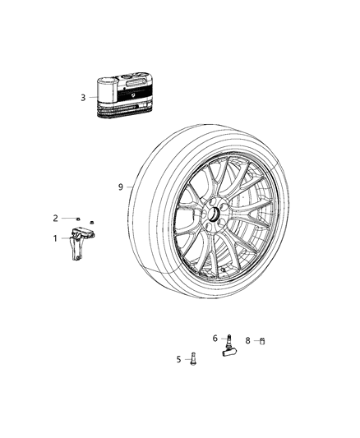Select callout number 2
coord(56,218)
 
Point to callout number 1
coord(57,238)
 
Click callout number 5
coord(178,358)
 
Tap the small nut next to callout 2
coord(75,218)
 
